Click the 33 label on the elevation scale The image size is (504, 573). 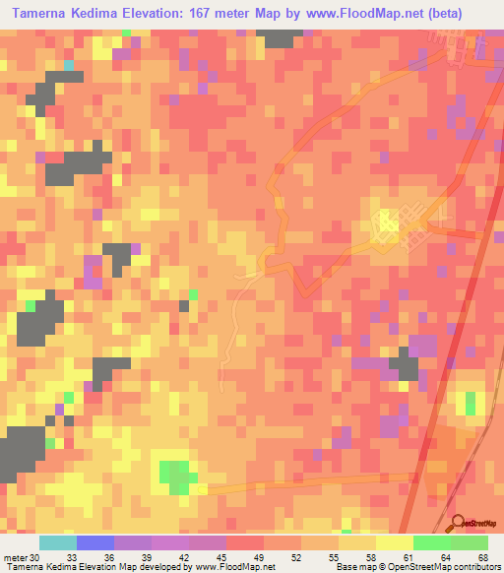pos(72,557)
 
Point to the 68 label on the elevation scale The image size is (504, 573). pos(483,557)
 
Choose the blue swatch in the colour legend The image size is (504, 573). pos(95,542)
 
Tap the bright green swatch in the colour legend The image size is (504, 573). pos(431,542)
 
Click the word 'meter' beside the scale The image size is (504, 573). pos(15,557)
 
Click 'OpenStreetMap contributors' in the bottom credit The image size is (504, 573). pos(444,567)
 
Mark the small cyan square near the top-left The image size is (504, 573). pos(69,65)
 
